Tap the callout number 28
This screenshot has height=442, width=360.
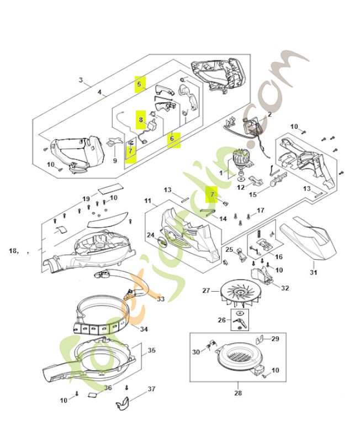pyautogui.click(x=237, y=393)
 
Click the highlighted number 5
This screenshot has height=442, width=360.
pyautogui.click(x=140, y=85)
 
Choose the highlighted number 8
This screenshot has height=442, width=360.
pyautogui.click(x=141, y=119)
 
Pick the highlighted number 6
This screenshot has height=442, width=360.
pyautogui.click(x=173, y=138)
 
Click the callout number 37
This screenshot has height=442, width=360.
pyautogui.click(x=152, y=389)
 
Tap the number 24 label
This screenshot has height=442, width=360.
pyautogui.click(x=150, y=235)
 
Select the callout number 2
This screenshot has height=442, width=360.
pyautogui.click(x=269, y=115)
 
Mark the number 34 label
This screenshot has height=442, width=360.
pyautogui.click(x=144, y=329)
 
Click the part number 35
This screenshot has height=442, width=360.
pyautogui.click(x=151, y=350)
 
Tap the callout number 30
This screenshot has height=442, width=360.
pyautogui.click(x=196, y=352)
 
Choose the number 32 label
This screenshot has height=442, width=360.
pyautogui.click(x=285, y=287)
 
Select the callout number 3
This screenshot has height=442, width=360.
pyautogui.click(x=81, y=80)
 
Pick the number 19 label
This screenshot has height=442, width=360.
pyautogui.click(x=86, y=198)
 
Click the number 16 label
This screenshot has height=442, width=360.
pyautogui.click(x=278, y=257)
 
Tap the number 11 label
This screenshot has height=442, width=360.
pyautogui.click(x=147, y=200)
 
